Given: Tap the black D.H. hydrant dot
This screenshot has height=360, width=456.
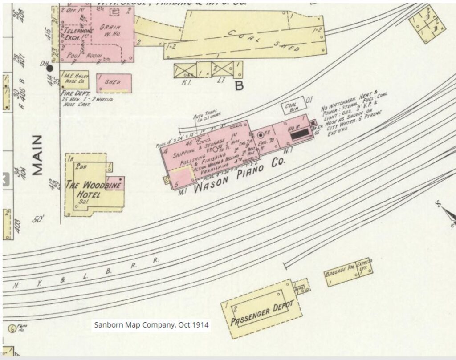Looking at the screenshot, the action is point(50,68).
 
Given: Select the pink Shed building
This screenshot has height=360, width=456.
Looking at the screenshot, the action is point(114,83).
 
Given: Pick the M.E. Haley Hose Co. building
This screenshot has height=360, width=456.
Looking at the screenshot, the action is point(75,80).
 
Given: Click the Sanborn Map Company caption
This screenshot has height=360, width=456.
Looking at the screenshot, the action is point(151,325).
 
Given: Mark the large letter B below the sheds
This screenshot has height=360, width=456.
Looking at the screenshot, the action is point(239,86).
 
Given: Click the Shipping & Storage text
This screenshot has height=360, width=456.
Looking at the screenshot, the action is point(203,142).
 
